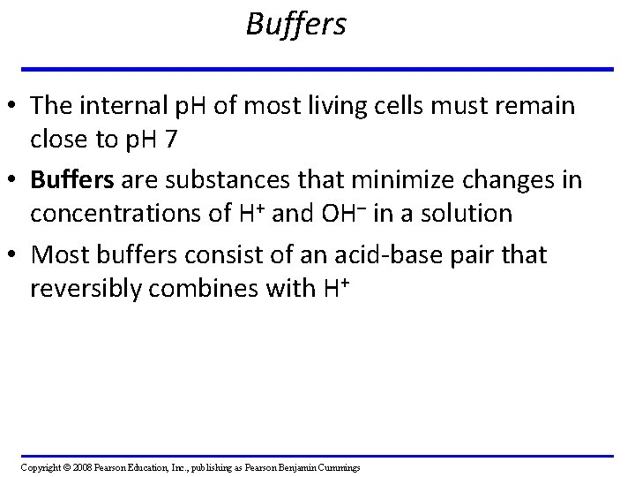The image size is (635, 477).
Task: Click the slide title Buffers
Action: tap(296, 25)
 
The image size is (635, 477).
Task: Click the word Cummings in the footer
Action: tap(339, 467)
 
